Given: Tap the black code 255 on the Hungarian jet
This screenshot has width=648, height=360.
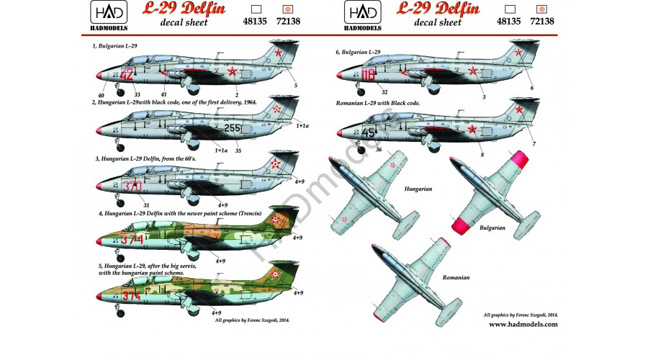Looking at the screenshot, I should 232,128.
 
